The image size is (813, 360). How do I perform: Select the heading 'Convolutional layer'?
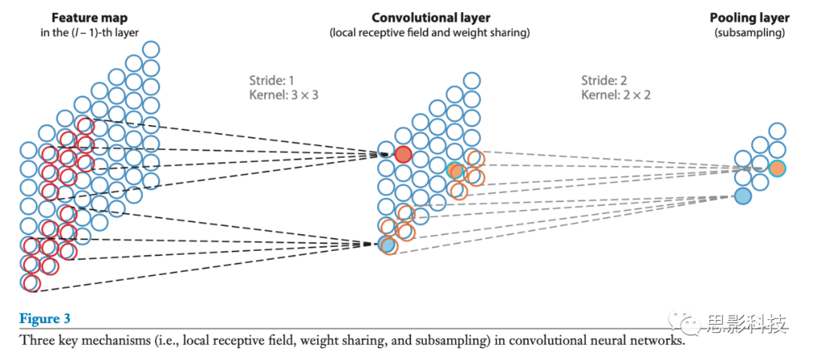pos(431,17)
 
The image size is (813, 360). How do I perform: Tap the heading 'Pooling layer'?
pos(749,17)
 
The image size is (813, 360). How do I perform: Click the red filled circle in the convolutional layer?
pos(403,155)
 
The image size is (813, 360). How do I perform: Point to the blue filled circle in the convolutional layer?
pos(387,244)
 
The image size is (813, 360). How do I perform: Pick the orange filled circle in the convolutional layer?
pos(455,170)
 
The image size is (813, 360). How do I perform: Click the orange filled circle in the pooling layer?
pos(777,168)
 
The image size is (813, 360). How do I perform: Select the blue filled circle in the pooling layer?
pos(742,196)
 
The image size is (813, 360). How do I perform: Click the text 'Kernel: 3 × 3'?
pos(279,95)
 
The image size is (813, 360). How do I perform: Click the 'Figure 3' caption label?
pos(44,319)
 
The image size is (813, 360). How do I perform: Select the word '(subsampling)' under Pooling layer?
pos(749,32)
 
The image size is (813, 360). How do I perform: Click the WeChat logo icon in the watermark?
pos(687,325)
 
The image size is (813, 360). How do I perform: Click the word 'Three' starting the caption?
pos(35,340)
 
